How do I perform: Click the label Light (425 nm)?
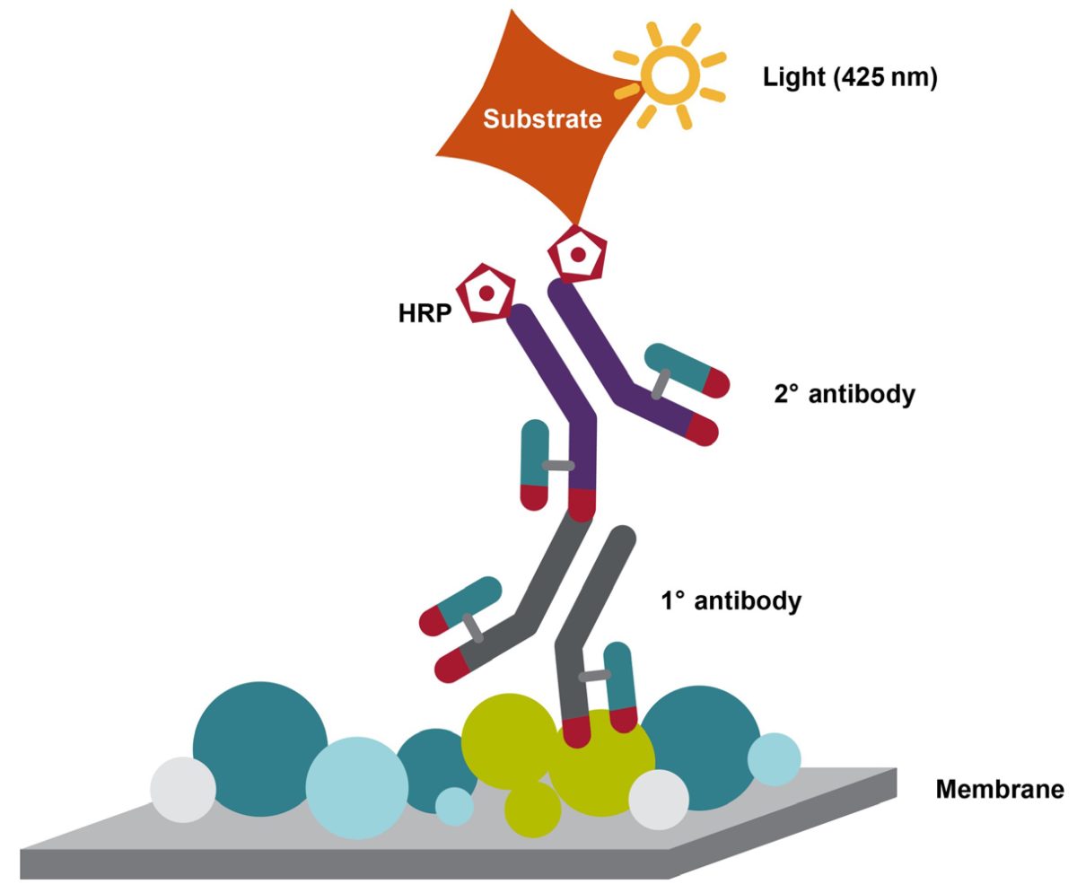pyautogui.click(x=849, y=77)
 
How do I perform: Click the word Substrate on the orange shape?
pyautogui.click(x=542, y=118)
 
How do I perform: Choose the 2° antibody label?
pyautogui.click(x=844, y=394)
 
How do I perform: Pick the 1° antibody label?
pyautogui.click(x=730, y=600)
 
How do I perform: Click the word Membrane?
pyautogui.click(x=1000, y=790)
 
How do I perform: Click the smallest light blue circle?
pyautogui.click(x=454, y=805)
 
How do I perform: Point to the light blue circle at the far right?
pyautogui.click(x=774, y=759)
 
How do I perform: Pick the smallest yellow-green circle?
pyautogui.click(x=532, y=808)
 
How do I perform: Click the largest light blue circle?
pyautogui.click(x=356, y=787)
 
